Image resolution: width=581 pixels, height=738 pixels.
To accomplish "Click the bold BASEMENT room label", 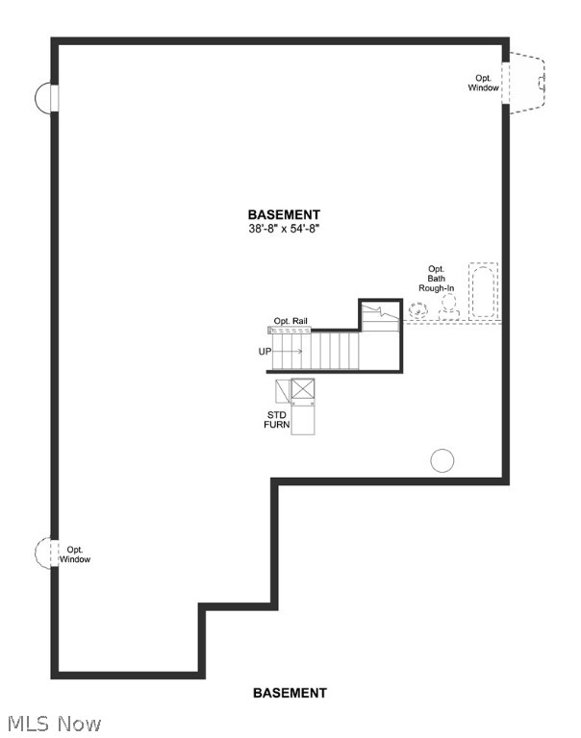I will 284,215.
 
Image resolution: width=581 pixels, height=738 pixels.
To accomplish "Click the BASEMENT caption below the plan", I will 290,693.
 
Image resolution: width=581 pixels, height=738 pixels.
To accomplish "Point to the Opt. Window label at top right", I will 484,84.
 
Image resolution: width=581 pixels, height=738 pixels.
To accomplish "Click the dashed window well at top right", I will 527,84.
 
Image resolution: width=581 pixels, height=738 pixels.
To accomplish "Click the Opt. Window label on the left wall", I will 74,554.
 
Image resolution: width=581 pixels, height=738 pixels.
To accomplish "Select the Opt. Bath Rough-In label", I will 436,278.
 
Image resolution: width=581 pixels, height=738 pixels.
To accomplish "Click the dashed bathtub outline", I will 484,290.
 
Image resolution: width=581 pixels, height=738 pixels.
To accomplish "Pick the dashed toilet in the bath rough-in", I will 448,306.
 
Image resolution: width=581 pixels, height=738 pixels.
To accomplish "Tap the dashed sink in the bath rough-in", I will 418,309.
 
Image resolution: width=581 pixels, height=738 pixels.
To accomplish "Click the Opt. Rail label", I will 290,321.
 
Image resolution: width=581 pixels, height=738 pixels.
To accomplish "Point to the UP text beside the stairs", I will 265,352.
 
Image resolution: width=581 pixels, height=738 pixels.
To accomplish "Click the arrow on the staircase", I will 291,352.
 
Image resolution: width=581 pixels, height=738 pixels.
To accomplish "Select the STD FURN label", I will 277,419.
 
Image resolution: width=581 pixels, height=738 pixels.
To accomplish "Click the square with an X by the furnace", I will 304,390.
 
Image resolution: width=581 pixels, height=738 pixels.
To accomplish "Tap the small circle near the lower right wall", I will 442,461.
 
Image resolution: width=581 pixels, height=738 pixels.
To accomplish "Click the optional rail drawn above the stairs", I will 313,330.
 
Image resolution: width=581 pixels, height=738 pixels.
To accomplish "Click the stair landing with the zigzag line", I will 380,317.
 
